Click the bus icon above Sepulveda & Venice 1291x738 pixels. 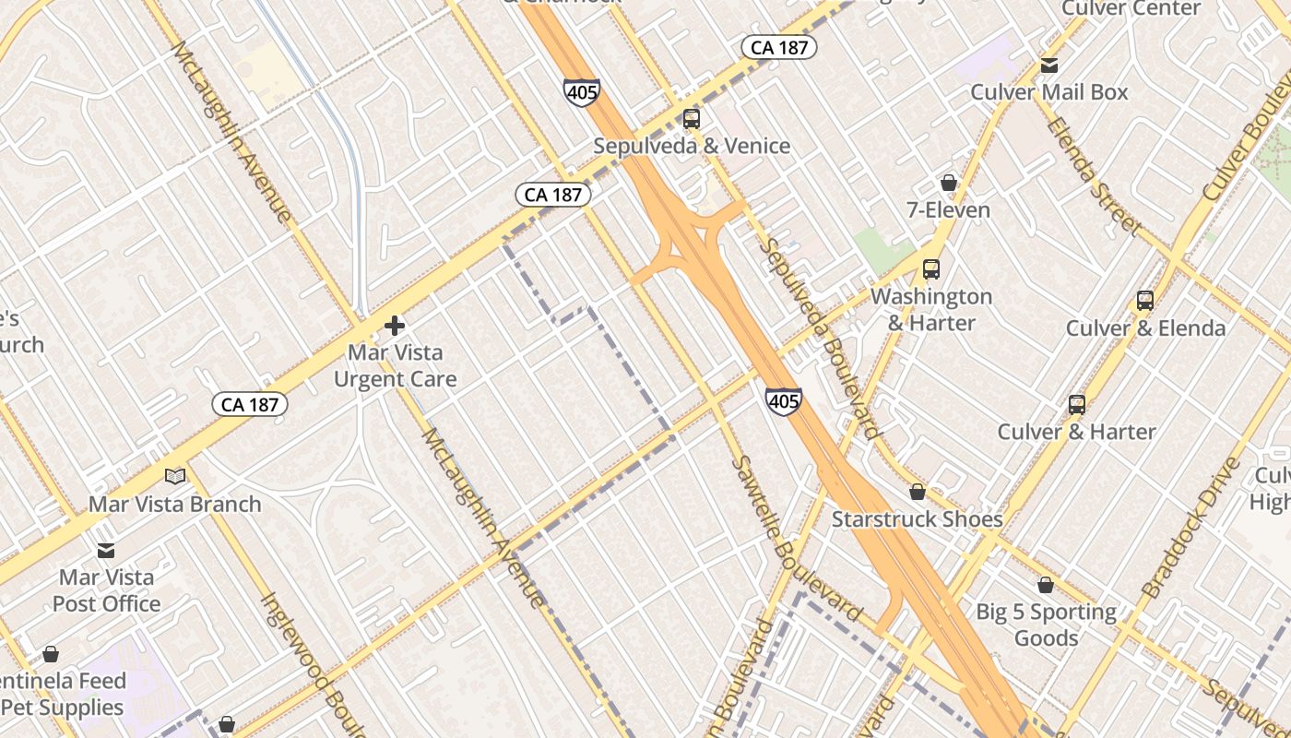click(x=692, y=118)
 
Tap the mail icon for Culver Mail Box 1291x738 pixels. click(x=1049, y=65)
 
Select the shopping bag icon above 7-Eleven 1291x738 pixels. click(x=948, y=183)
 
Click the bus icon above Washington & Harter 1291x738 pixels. click(x=931, y=269)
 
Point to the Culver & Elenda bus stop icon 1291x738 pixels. click(x=1145, y=301)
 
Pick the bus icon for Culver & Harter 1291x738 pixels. click(x=1077, y=404)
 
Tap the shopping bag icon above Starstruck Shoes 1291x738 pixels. click(x=918, y=492)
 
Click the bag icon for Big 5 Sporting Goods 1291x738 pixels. click(x=1046, y=585)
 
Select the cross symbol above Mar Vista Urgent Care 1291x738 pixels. click(x=395, y=326)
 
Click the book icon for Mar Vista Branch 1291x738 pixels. click(x=175, y=477)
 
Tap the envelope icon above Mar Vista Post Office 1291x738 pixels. click(x=106, y=551)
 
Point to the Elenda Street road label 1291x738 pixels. click(x=1094, y=175)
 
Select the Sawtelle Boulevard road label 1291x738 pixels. click(x=796, y=540)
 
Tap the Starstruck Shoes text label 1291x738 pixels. click(x=917, y=519)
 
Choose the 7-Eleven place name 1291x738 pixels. click(x=948, y=210)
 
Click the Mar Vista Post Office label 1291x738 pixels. click(x=106, y=590)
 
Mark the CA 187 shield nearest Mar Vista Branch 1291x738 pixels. click(x=250, y=404)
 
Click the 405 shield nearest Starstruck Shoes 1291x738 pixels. click(x=783, y=401)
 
